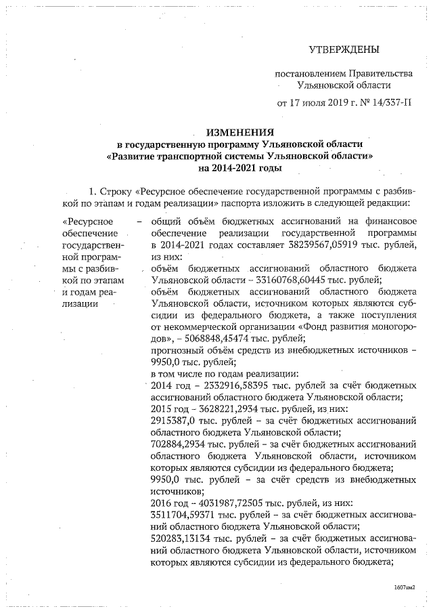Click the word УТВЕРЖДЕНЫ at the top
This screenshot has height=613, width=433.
[x=344, y=49]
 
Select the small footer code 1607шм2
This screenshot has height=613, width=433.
[x=403, y=589]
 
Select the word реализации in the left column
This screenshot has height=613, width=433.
[x=79, y=303]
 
